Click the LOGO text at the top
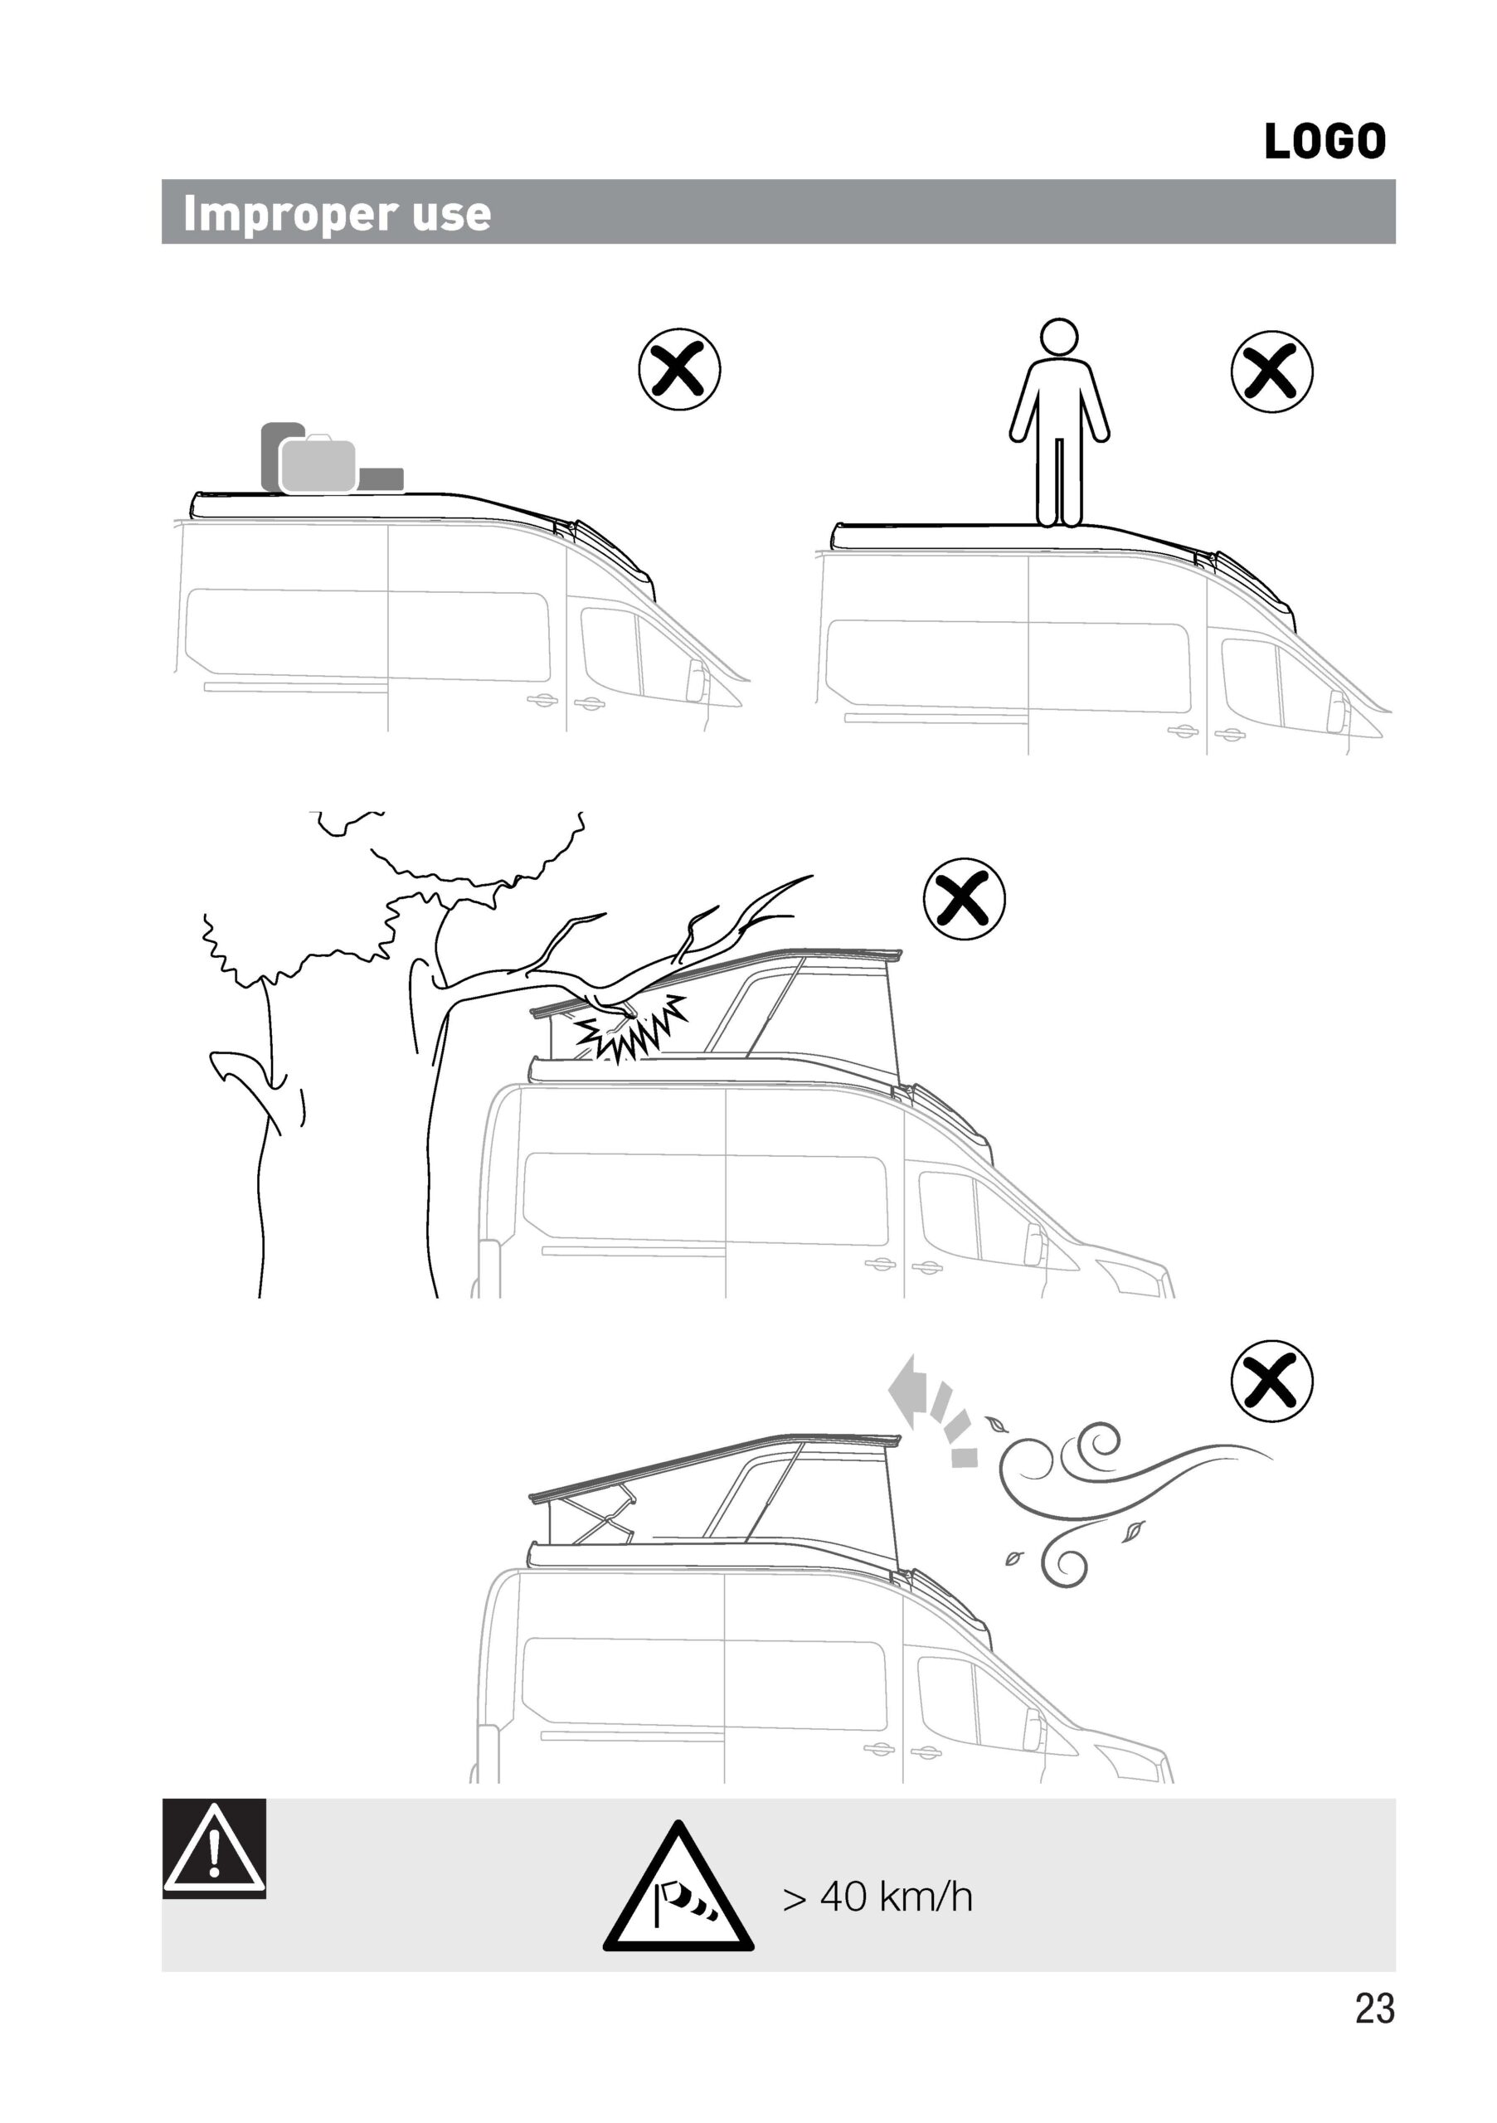1324,142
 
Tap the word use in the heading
451,215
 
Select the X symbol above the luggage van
679,370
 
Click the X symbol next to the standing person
1271,371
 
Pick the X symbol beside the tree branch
965,899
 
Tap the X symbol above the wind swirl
1271,1382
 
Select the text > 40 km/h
877,1897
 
